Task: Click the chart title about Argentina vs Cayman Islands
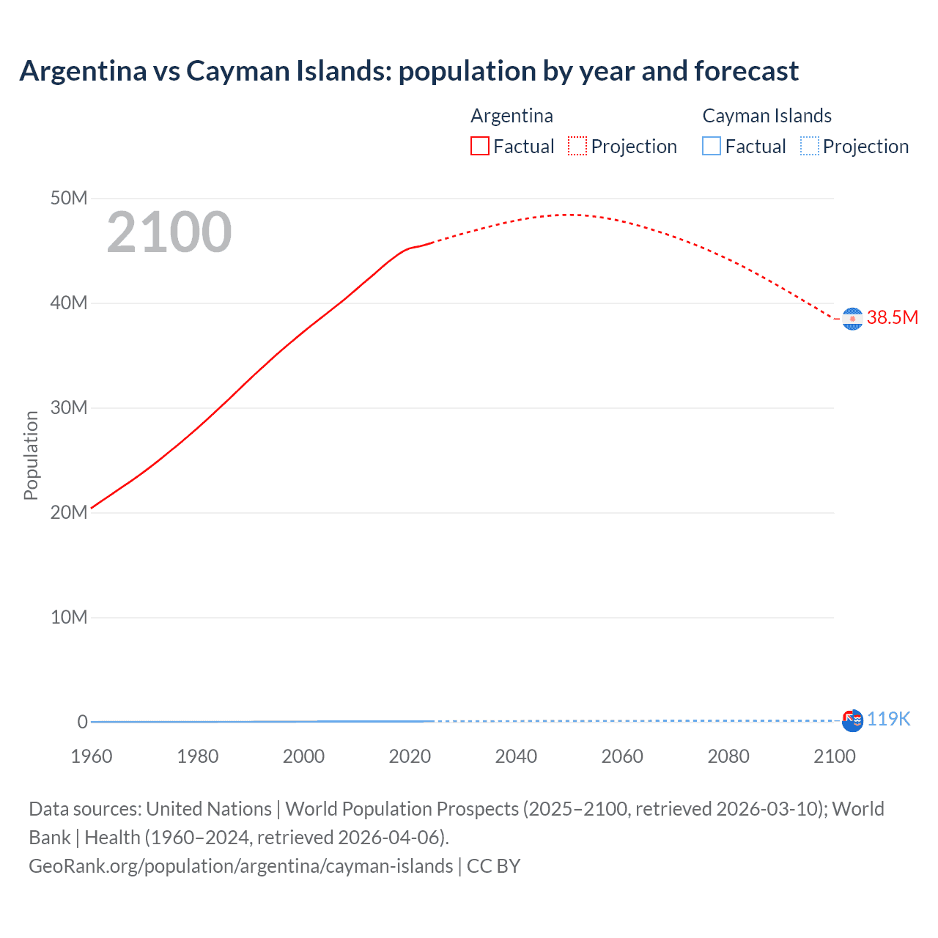409,71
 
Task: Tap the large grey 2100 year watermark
169,232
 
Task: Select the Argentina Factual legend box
480,146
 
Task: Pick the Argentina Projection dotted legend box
577,146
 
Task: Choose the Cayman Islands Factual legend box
712,146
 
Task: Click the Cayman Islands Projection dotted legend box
810,146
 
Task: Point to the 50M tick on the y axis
69,198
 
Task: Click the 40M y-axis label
69,303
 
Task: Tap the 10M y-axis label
69,617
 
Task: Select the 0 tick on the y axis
82,722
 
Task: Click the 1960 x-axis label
92,756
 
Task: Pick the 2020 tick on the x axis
410,756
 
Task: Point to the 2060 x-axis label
622,756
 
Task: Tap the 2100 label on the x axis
834,756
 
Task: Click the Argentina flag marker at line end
852,319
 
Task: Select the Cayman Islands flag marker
852,720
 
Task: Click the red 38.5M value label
892,317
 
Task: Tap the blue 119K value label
888,719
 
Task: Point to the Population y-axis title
31,455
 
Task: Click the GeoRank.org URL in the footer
240,865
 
